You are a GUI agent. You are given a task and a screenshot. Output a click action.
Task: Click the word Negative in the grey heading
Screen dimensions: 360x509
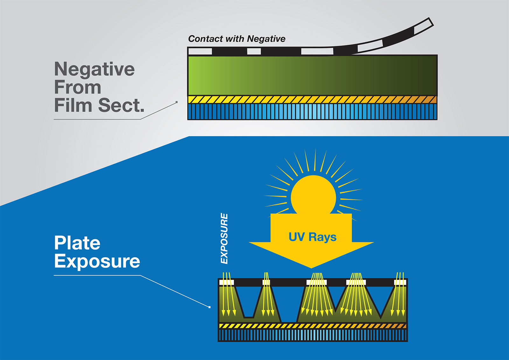(x=94, y=69)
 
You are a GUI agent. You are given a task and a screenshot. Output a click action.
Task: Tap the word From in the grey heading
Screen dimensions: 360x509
(x=78, y=87)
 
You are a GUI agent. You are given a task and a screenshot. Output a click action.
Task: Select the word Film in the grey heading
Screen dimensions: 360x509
(x=73, y=105)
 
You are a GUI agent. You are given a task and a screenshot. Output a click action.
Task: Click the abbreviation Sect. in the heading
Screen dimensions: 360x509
(x=121, y=105)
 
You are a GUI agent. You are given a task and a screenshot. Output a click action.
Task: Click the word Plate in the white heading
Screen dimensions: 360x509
(x=77, y=243)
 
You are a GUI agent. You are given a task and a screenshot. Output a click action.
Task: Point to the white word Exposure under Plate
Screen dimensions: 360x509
(x=97, y=261)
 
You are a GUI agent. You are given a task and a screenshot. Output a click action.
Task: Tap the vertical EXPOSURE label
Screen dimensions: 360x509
(x=224, y=238)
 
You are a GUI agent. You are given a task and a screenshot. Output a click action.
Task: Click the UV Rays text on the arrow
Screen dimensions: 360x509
(x=312, y=237)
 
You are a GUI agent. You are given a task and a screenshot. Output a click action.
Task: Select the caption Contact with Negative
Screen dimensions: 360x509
(x=237, y=39)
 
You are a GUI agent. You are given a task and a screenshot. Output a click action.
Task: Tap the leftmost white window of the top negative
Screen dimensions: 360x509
(x=200, y=51)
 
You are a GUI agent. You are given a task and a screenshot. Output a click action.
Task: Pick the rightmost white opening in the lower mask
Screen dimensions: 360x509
(x=400, y=283)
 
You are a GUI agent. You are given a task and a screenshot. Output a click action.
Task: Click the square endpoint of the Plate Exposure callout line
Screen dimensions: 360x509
(x=209, y=307)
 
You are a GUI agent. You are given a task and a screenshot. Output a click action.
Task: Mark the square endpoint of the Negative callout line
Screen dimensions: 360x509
(x=177, y=102)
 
